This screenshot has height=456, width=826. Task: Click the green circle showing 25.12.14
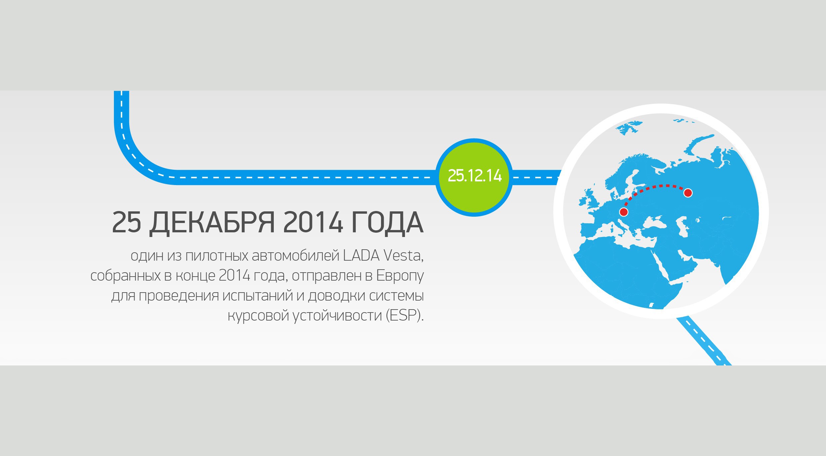474,177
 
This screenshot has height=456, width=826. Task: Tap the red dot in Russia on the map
688,193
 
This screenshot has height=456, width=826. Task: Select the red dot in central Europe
623,212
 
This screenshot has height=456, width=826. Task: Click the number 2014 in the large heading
313,222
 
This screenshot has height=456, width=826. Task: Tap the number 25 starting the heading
127,222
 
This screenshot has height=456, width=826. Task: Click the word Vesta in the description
403,256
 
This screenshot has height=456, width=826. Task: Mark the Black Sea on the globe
654,222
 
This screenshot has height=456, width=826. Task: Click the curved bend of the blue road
137,156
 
